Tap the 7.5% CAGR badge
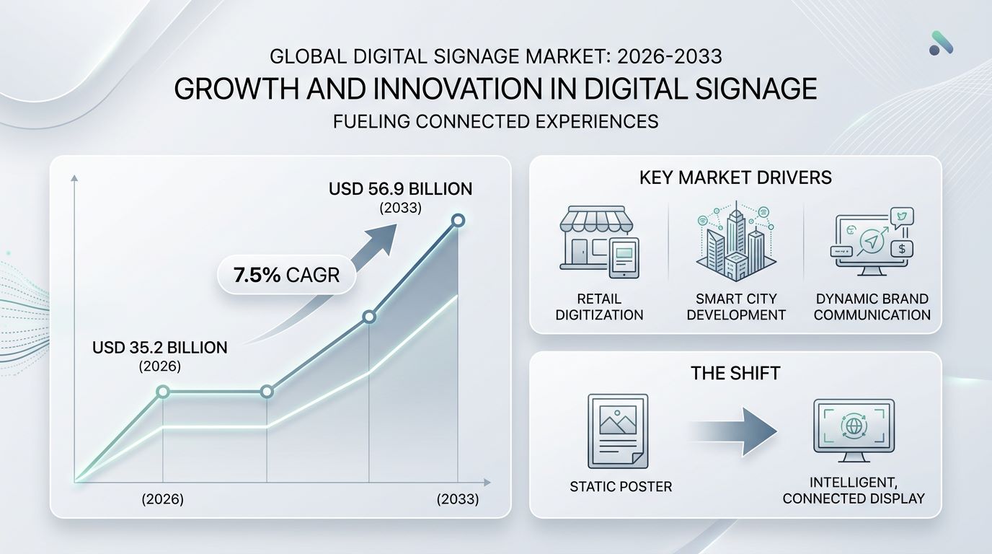coord(286,275)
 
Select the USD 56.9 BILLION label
coord(400,189)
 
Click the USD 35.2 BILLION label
coord(160,348)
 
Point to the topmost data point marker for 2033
coord(458,220)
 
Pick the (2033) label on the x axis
coord(458,499)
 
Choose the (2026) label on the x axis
coord(162,499)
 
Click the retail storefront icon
coord(599,242)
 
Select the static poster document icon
coord(618,431)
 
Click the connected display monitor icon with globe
coord(854,430)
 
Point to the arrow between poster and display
coord(733,431)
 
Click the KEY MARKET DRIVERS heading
coord(735,177)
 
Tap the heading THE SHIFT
coord(735,373)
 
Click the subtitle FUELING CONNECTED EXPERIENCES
coord(495,121)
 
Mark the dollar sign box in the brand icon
coord(902,249)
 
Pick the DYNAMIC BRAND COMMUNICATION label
coord(872,307)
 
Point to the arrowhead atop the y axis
coord(74,177)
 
